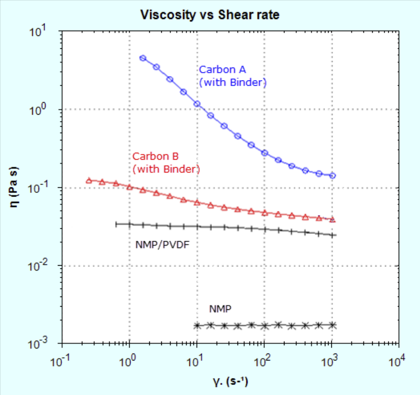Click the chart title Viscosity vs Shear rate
pos(210,15)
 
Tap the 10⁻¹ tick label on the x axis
pos(62,362)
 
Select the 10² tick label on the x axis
pos(264,362)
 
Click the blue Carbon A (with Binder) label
pos(233,76)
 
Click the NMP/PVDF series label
pos(163,244)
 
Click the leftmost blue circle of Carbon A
pos(143,58)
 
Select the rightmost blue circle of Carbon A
pos(333,175)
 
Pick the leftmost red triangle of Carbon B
pos(89,180)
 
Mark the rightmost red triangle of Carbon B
pos(333,220)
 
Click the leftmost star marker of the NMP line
pos(197,325)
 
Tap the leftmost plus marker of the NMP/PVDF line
pos(116,224)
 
